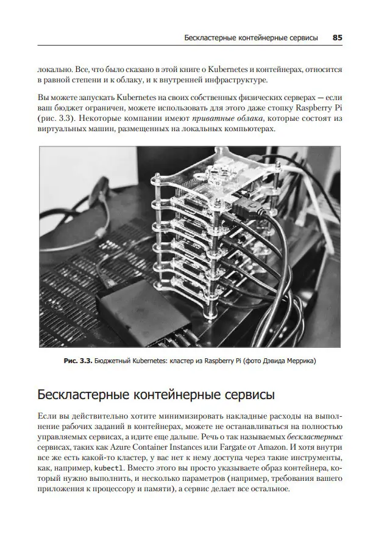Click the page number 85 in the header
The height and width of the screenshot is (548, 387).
click(x=337, y=37)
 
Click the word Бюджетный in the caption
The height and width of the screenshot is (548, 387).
click(x=116, y=361)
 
